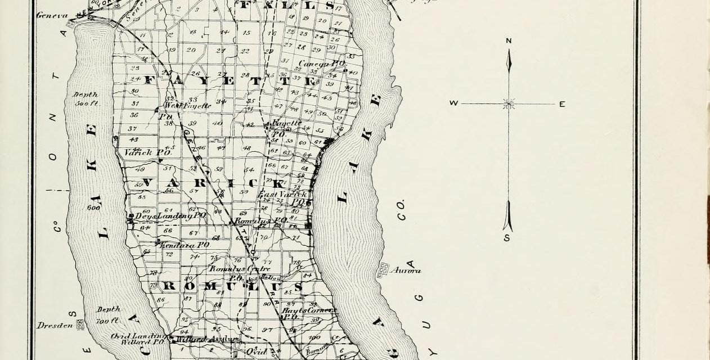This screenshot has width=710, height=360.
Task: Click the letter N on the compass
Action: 509,40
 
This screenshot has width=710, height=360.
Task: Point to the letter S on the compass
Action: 506,238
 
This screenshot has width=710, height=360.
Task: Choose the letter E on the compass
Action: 561,104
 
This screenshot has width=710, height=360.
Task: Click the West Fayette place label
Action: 187,105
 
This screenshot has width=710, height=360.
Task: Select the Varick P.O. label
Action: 144,152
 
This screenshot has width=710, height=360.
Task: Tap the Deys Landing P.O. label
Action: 169,215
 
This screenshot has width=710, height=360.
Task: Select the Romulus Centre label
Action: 240,269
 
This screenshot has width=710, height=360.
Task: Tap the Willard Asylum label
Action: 210,339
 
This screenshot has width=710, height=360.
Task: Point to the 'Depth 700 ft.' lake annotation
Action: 108,315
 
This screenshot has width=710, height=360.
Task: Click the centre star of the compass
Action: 509,103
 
